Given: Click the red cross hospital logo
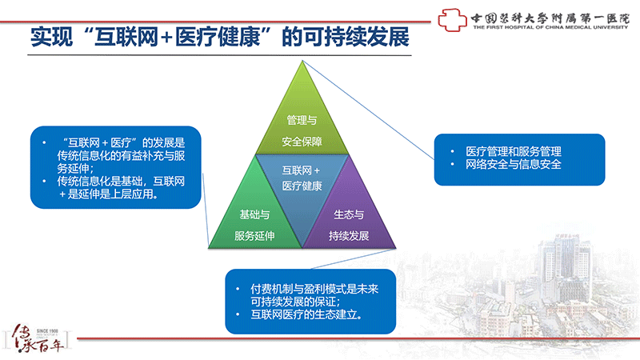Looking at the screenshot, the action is [452, 19].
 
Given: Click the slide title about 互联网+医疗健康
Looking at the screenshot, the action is [219, 37].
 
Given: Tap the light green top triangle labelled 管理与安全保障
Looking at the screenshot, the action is [302, 118].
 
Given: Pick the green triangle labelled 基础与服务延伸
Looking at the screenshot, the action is [255, 216].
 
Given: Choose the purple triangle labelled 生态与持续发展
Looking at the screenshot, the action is [349, 216].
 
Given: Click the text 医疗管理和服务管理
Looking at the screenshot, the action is [514, 151].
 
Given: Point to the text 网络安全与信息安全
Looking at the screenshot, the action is [514, 165].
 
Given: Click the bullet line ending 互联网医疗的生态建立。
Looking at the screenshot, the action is [306, 314].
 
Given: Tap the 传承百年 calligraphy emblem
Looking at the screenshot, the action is [38, 338].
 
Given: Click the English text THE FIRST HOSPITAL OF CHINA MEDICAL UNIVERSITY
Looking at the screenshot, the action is [550, 27].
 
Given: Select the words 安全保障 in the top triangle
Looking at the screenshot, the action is [302, 142].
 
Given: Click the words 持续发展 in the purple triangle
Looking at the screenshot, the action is [349, 236].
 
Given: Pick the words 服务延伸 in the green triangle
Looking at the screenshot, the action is [254, 236].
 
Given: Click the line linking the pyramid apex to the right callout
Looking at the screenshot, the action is [368, 110].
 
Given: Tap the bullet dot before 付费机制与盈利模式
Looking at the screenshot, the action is [238, 289].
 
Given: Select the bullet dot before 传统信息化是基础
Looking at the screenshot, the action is [44, 182].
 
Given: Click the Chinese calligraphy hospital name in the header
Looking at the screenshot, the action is [550, 18].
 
